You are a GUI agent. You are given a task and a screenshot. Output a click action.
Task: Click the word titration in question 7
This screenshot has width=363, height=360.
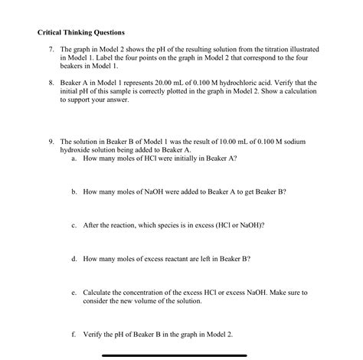pos(257,49)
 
